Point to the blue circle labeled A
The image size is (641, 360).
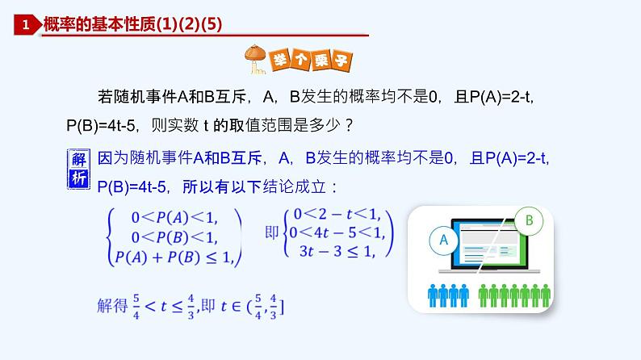(x=442, y=240)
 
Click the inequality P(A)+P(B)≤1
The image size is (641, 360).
(x=173, y=257)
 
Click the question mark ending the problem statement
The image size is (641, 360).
(x=347, y=127)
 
